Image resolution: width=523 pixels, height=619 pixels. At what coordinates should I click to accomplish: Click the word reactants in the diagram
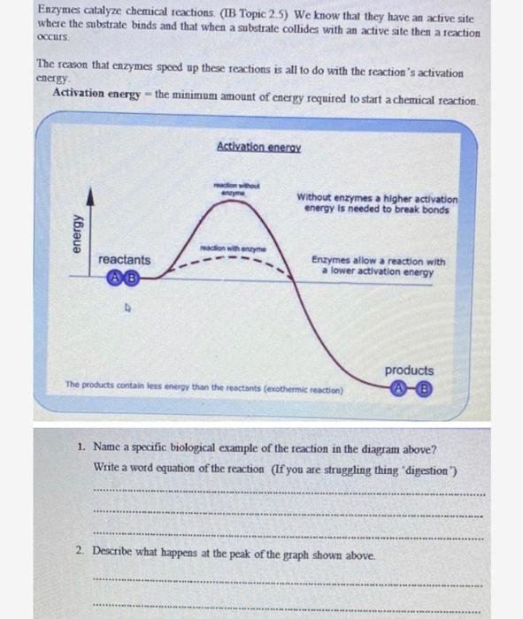point(124,260)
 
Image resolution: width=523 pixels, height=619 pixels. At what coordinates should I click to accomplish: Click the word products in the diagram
point(409,371)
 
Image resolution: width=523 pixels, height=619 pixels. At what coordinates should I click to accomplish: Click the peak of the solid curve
point(237,199)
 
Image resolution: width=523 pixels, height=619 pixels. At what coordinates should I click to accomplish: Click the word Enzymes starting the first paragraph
point(56,8)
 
